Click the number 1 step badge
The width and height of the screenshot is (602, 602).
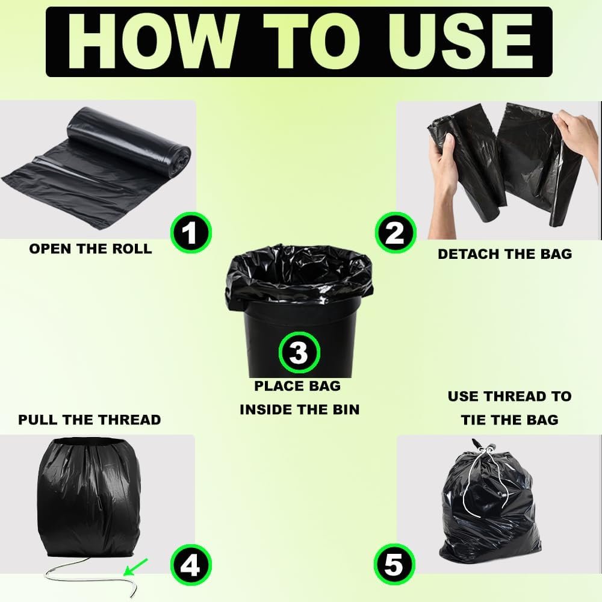(x=191, y=232)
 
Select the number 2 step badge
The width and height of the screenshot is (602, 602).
(x=396, y=232)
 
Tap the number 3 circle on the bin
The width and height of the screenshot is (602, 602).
(x=299, y=352)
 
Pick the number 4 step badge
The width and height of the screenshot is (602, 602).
(x=191, y=565)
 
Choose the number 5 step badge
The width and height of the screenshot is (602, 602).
(x=394, y=565)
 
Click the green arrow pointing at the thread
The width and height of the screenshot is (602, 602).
(x=135, y=568)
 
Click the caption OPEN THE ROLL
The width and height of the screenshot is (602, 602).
(x=91, y=249)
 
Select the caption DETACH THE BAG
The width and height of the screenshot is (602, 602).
(x=505, y=254)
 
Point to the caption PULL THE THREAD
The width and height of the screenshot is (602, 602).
(x=90, y=420)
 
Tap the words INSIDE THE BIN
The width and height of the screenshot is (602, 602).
(x=299, y=409)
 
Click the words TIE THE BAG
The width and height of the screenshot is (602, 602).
(x=509, y=420)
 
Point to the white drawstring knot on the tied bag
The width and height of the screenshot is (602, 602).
(x=485, y=449)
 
